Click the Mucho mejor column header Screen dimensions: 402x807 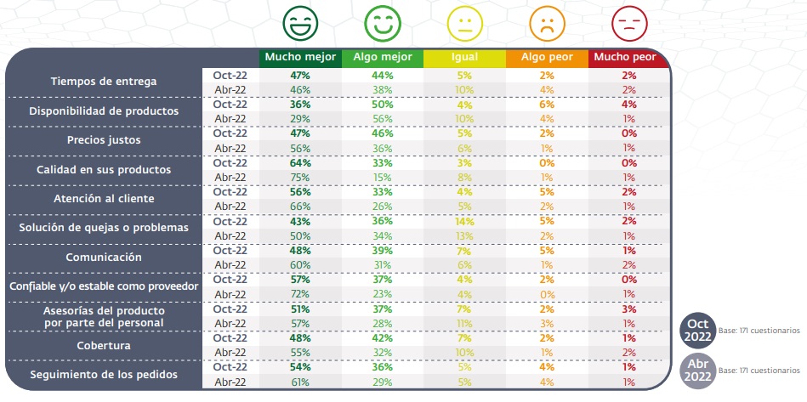pyautogui.click(x=299, y=58)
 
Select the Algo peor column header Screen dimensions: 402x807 pyautogui.click(x=546, y=58)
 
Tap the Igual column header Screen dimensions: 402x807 pyautogui.click(x=464, y=58)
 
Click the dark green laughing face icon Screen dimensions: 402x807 pyautogui.click(x=299, y=22)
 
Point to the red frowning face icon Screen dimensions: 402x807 pyautogui.click(x=628, y=22)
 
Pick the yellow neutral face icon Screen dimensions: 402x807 pyautogui.click(x=464, y=22)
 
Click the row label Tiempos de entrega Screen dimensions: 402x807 pyautogui.click(x=103, y=82)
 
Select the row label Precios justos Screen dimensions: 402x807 pyautogui.click(x=103, y=139)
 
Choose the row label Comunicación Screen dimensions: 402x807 pyautogui.click(x=103, y=256)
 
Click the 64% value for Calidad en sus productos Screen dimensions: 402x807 pyautogui.click(x=299, y=162)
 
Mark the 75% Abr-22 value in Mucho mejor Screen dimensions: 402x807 pyautogui.click(x=299, y=177)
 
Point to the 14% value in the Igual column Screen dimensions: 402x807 pyautogui.click(x=464, y=220)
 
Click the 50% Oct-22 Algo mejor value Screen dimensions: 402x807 pyautogui.click(x=382, y=104)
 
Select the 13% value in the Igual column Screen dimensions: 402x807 pyautogui.click(x=464, y=235)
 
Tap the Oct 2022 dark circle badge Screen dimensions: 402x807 pyautogui.click(x=697, y=329)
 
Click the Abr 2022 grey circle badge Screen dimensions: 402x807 pyautogui.click(x=697, y=371)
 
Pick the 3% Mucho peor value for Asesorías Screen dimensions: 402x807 pyautogui.click(x=628, y=308)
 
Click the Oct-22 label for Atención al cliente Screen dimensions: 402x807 pyautogui.click(x=230, y=191)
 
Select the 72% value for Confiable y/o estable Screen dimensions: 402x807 pyautogui.click(x=299, y=293)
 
